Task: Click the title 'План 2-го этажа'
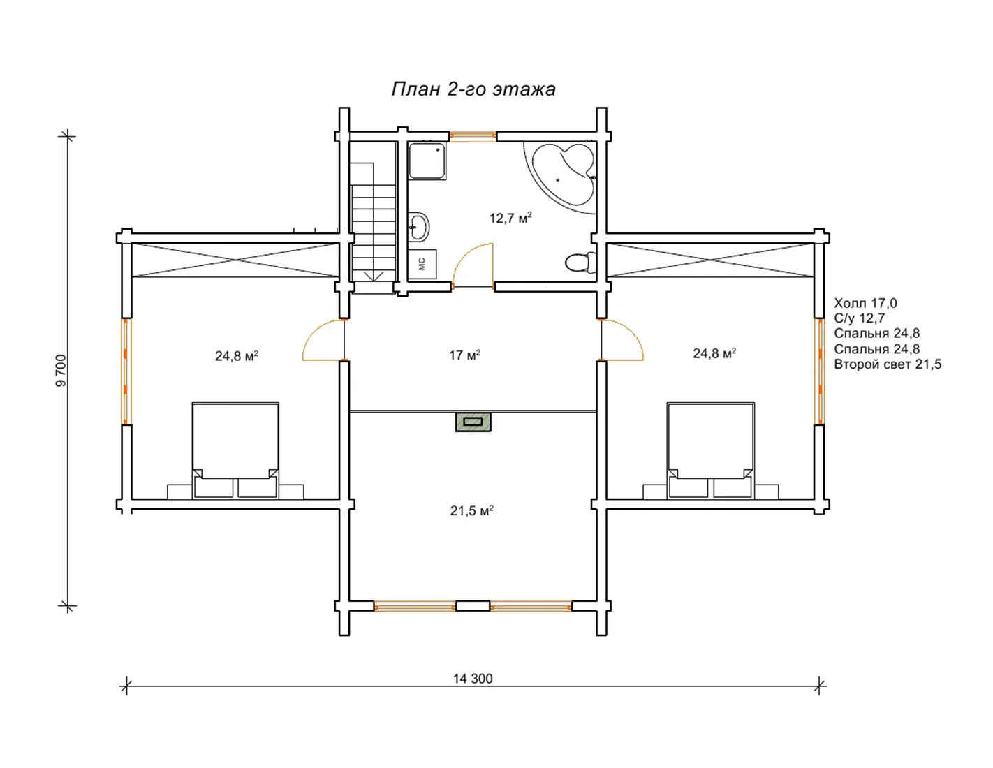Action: (473, 89)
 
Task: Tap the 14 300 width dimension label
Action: (473, 679)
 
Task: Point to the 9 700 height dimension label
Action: (61, 371)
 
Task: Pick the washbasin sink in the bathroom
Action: (418, 226)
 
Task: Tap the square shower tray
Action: (427, 161)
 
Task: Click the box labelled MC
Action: (422, 264)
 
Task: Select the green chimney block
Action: (473, 422)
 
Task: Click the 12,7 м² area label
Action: (510, 218)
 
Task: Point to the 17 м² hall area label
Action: (464, 355)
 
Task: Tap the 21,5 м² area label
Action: (471, 510)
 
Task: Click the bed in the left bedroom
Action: (235, 450)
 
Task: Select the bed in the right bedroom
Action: (711, 450)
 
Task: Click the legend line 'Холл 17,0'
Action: (865, 303)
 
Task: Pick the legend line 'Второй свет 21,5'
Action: (888, 364)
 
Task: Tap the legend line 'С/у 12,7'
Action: (860, 318)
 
